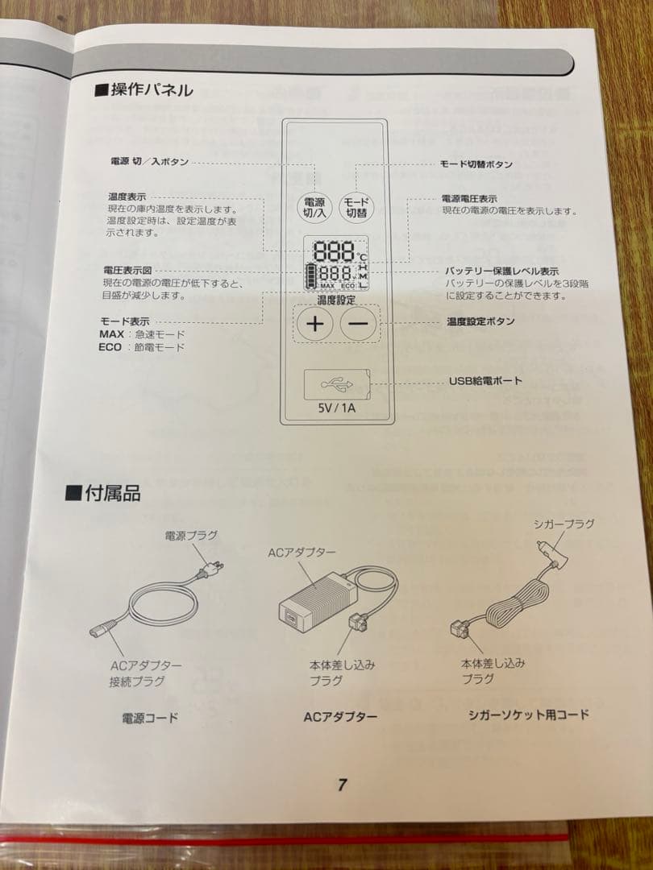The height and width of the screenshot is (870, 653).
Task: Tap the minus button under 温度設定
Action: pos(359,325)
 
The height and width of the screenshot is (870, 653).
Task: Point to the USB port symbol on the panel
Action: pos(333,383)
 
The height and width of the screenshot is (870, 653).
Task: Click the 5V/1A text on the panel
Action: pos(336,408)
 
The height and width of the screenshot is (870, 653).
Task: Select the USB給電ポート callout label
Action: pos(485,380)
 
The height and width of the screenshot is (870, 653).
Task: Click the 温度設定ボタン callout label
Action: pos(480,321)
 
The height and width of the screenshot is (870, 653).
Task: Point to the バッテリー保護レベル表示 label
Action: pos(501,271)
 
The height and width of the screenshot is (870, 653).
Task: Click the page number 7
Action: pos(343,785)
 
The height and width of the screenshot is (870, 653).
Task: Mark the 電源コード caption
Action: pos(150,717)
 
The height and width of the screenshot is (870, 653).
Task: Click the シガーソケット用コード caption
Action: pos(529,715)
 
